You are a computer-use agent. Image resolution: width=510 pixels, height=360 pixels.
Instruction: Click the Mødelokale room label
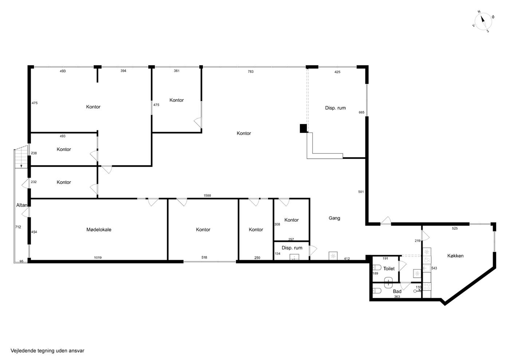point(99,230)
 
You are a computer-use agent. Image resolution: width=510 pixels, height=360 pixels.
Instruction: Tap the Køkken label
point(455,256)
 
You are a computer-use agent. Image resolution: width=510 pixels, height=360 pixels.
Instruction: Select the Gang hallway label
point(334,218)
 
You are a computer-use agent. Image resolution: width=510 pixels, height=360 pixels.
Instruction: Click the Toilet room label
point(389,269)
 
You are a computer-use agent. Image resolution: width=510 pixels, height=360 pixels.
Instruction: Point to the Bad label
point(397,291)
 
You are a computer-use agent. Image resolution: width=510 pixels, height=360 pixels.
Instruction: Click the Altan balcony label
point(22,205)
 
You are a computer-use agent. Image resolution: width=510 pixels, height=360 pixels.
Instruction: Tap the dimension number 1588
point(207,195)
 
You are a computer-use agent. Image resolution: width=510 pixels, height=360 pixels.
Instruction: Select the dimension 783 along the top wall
point(251,71)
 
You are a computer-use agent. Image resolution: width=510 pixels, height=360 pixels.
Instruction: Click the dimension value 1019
point(98,258)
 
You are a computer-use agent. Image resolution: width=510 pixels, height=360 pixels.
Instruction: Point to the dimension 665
point(361,112)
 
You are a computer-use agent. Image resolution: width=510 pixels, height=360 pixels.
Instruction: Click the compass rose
point(483,21)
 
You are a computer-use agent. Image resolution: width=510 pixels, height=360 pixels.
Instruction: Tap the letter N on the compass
point(479,12)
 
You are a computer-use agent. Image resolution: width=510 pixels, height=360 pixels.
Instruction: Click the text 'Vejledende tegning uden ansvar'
point(47,351)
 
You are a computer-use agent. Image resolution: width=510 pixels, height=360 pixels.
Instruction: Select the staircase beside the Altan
point(21,157)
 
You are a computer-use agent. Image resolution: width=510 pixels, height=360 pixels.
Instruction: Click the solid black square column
point(303,128)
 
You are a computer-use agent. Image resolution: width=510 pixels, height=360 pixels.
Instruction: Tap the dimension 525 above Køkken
point(455,229)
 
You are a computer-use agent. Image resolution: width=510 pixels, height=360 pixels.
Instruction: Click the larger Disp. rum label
point(336,108)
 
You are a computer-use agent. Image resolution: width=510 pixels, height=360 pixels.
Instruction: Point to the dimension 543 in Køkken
point(434,268)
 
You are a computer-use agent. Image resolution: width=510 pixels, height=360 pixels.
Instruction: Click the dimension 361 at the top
point(177,71)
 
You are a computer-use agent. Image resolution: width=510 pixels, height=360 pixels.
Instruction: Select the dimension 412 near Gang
point(347,258)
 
